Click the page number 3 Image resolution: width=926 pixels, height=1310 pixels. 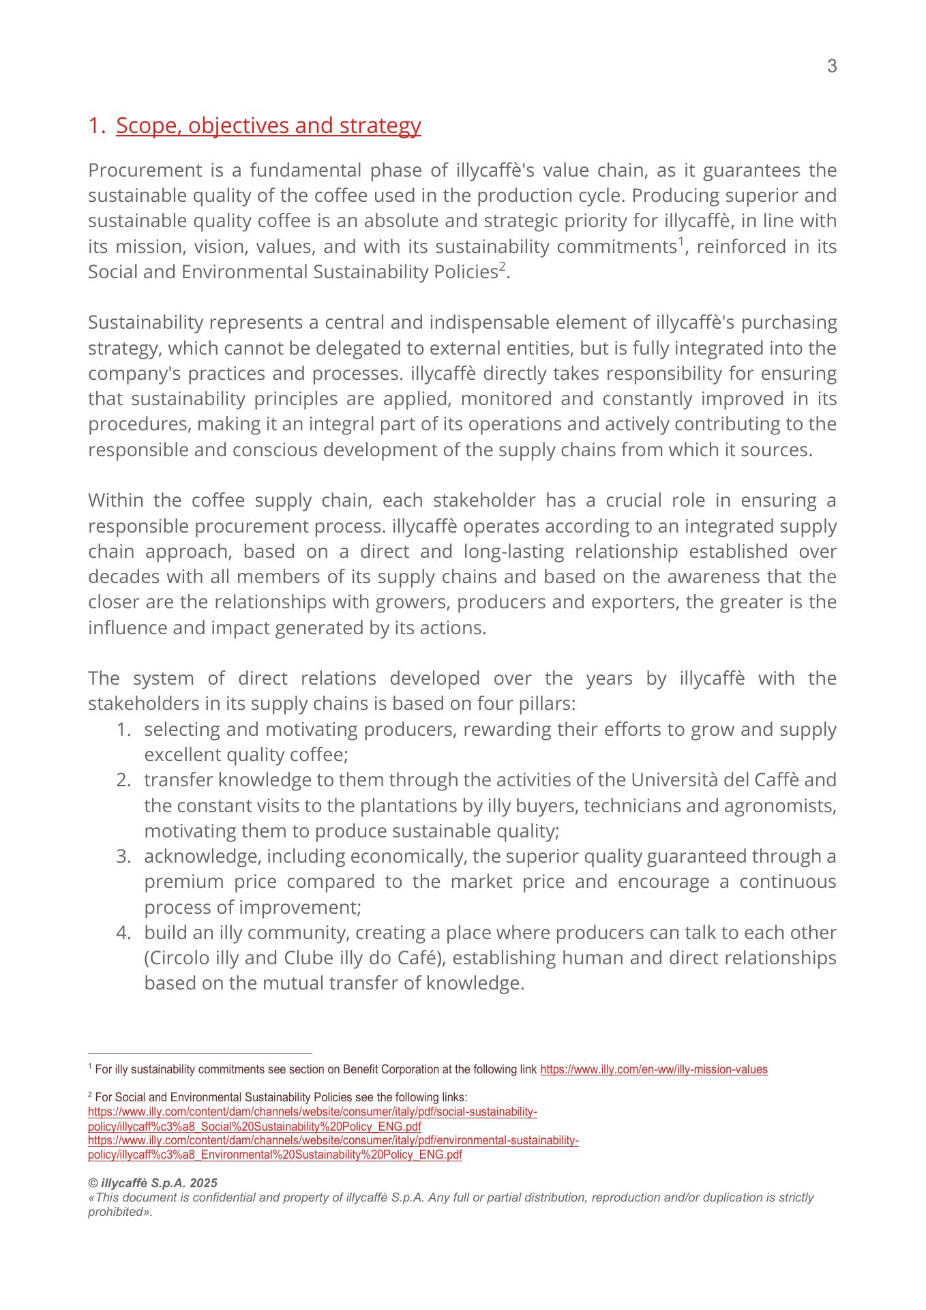pyautogui.click(x=831, y=67)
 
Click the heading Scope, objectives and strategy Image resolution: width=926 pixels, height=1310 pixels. pyautogui.click(x=268, y=125)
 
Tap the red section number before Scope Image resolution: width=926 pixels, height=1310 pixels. pyautogui.click(x=95, y=125)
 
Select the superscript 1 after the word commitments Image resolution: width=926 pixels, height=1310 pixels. pyautogui.click(x=680, y=241)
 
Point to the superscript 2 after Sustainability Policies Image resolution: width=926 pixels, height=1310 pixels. pyautogui.click(x=502, y=266)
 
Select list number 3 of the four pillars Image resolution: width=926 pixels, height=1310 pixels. pyautogui.click(x=123, y=857)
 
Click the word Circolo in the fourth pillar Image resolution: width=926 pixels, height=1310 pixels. pyautogui.click(x=175, y=958)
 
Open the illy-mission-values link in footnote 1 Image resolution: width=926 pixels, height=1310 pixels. pyautogui.click(x=653, y=1070)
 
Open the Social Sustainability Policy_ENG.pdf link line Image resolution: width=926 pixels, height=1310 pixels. pyautogui.click(x=254, y=1127)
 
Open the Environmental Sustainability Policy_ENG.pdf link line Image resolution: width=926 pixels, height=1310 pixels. pyautogui.click(x=275, y=1155)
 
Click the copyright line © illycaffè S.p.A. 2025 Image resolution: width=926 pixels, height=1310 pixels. pyautogui.click(x=153, y=1183)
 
